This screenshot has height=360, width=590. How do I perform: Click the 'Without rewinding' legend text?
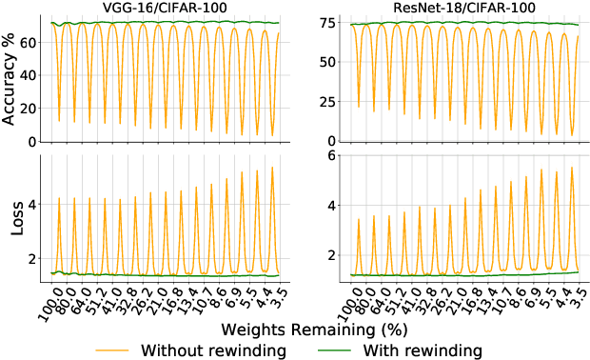point(214,350)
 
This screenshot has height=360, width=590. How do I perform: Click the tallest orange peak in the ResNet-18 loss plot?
point(571,168)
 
